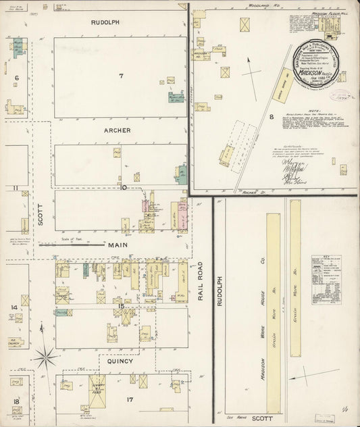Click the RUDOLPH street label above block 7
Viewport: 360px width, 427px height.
pyautogui.click(x=106, y=22)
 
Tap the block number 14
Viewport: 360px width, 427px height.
pyautogui.click(x=14, y=307)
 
